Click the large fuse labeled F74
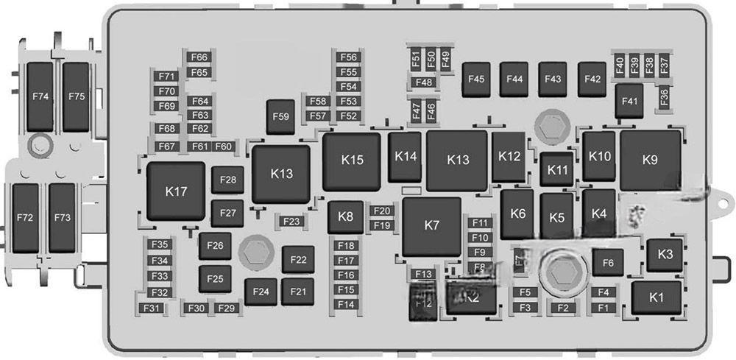[40, 96]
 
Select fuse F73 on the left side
[63, 218]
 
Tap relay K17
[176, 192]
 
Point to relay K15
[353, 160]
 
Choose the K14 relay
[406, 156]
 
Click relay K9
[649, 160]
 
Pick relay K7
[432, 226]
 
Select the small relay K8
[345, 217]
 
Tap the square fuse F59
[280, 116]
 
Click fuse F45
[477, 79]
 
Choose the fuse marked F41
[629, 102]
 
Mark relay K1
[656, 297]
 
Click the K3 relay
[665, 255]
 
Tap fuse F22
[298, 260]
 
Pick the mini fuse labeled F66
[199, 57]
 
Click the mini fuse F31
[152, 308]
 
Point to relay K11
[559, 170]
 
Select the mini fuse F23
[291, 222]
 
